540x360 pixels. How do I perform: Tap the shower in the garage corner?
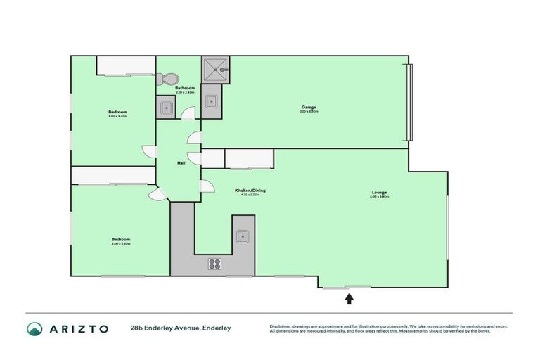(215, 68)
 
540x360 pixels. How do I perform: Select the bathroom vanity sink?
(166, 108)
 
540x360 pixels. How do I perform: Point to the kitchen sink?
(243, 236)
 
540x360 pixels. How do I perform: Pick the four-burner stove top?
(214, 264)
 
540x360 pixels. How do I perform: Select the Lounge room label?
(379, 193)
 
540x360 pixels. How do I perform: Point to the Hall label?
(181, 163)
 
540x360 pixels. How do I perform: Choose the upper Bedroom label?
(117, 112)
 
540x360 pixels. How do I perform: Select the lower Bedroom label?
(120, 240)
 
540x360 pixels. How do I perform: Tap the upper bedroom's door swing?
(149, 150)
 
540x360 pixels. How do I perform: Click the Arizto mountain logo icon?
(34, 328)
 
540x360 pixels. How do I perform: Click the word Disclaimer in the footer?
(281, 326)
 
